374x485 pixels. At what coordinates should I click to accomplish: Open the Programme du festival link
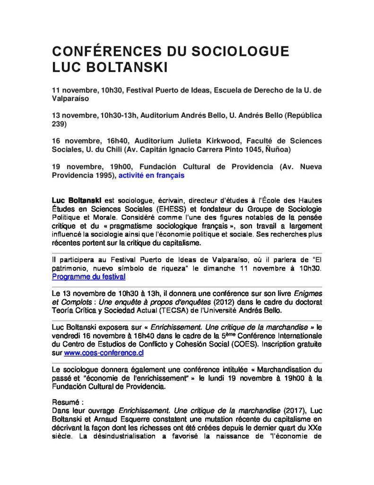tap(88, 276)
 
